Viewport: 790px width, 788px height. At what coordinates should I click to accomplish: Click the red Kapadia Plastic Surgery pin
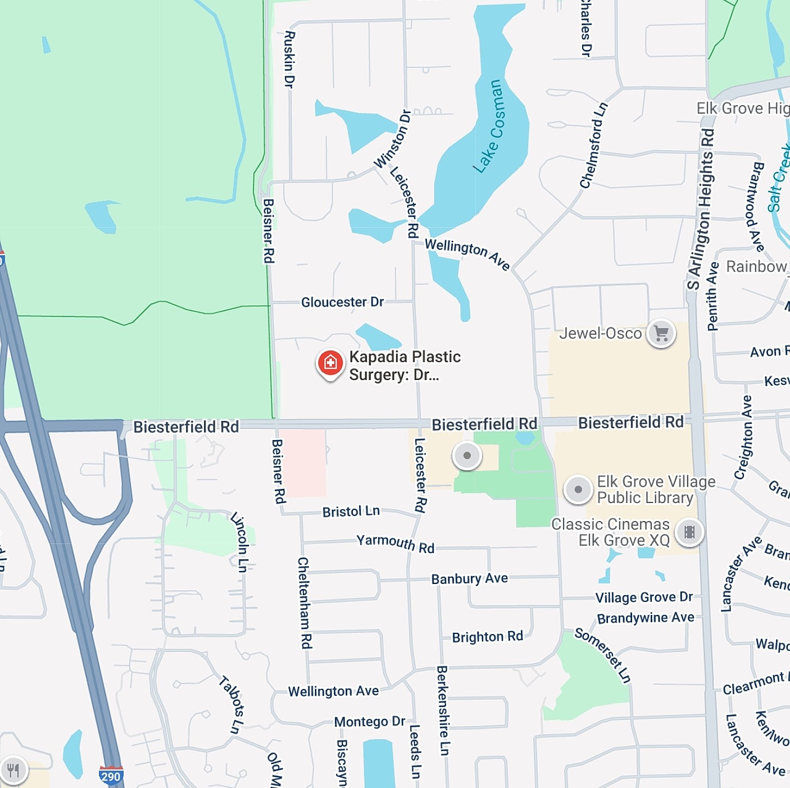[330, 364]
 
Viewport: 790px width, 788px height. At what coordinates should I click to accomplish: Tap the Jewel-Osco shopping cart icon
[661, 334]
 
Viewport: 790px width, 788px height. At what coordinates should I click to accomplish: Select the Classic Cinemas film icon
[689, 532]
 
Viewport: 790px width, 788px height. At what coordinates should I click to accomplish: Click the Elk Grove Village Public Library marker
[578, 490]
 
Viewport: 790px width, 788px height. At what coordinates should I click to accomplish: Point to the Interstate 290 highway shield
[111, 776]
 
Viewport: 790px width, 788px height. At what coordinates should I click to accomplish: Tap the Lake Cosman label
[487, 126]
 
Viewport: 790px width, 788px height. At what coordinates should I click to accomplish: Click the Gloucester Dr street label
[342, 302]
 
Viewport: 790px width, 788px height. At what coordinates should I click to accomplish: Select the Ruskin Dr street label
[289, 59]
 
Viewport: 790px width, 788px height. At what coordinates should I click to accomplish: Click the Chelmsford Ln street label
[593, 145]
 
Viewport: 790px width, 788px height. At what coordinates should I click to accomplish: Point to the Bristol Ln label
[351, 511]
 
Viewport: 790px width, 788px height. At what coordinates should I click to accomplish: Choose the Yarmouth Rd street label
[395, 544]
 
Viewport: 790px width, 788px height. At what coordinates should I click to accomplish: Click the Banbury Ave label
[469, 578]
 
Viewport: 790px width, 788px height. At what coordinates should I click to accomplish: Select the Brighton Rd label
[487, 637]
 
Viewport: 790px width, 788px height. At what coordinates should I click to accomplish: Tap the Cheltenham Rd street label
[305, 603]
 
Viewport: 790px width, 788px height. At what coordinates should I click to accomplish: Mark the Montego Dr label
[369, 722]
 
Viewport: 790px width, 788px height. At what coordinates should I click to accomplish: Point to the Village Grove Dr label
[644, 597]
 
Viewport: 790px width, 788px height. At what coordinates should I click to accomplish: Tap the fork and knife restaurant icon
[13, 770]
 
